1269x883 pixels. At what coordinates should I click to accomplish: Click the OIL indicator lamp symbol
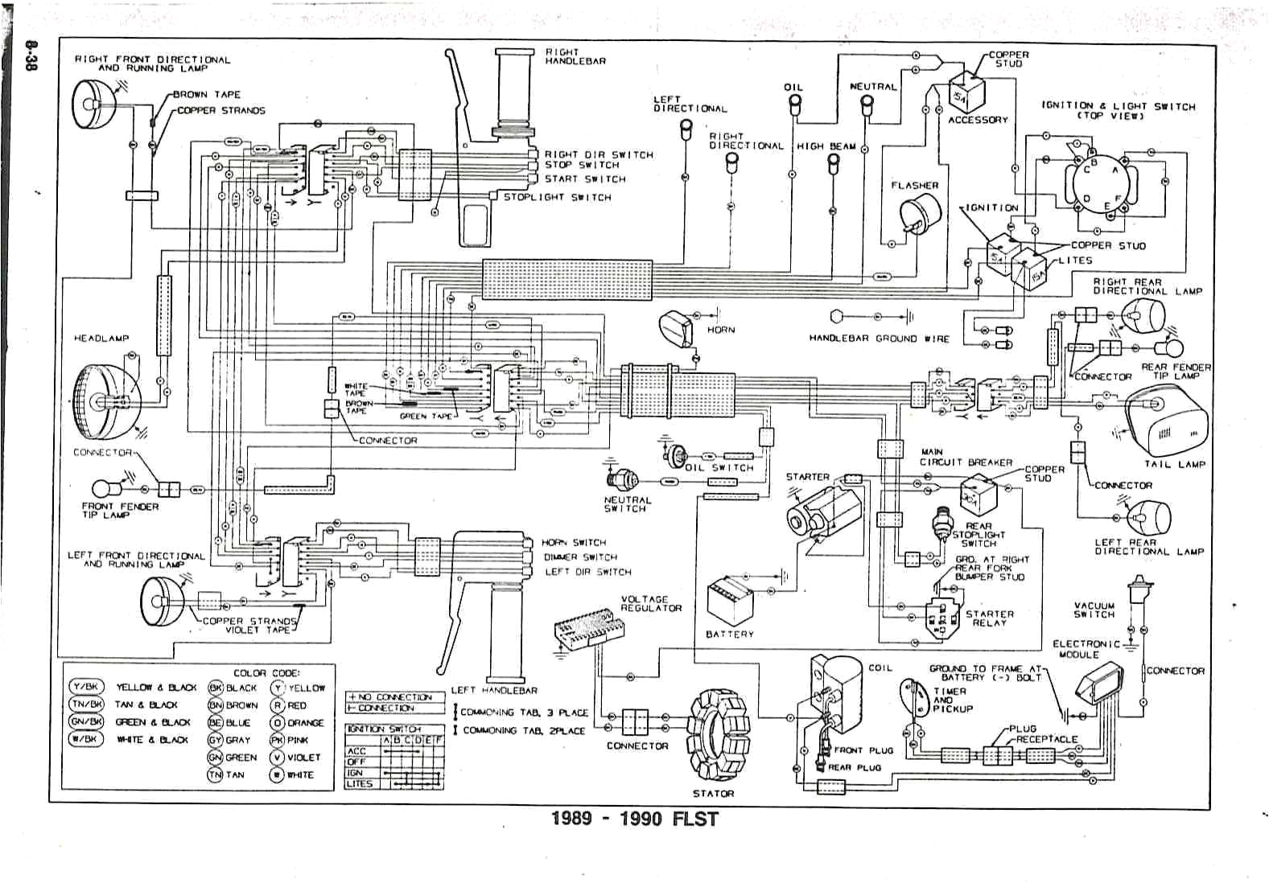click(x=794, y=104)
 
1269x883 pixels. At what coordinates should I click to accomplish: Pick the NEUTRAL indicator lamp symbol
click(x=867, y=104)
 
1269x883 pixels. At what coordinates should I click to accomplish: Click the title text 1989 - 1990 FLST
click(x=634, y=819)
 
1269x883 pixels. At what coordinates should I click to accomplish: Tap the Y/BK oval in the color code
click(x=86, y=687)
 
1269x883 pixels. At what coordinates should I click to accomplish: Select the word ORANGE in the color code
click(x=305, y=722)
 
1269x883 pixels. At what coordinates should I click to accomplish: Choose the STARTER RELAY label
click(x=989, y=618)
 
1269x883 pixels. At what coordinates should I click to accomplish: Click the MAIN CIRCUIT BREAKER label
click(x=965, y=458)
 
